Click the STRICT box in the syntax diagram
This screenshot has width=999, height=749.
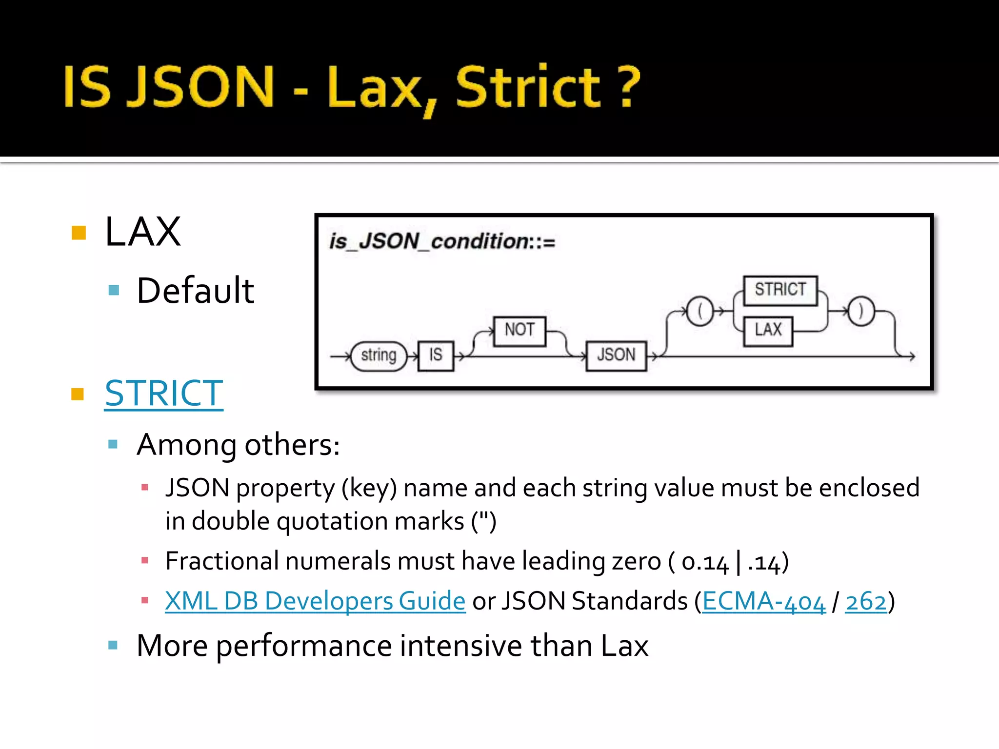click(780, 290)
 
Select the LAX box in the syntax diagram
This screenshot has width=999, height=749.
click(768, 331)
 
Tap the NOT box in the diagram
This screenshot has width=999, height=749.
click(519, 331)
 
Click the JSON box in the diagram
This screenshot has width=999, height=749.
click(616, 355)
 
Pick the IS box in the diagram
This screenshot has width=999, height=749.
click(436, 355)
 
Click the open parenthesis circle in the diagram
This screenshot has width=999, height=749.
click(700, 311)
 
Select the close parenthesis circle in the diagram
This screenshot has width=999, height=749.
click(861, 311)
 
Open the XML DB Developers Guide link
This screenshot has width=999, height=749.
click(315, 601)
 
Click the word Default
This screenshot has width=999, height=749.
click(195, 291)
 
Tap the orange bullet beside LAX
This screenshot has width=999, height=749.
click(79, 233)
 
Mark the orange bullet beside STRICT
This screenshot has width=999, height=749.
click(78, 394)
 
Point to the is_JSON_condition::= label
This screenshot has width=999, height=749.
click(442, 241)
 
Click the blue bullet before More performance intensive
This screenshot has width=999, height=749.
click(113, 645)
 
